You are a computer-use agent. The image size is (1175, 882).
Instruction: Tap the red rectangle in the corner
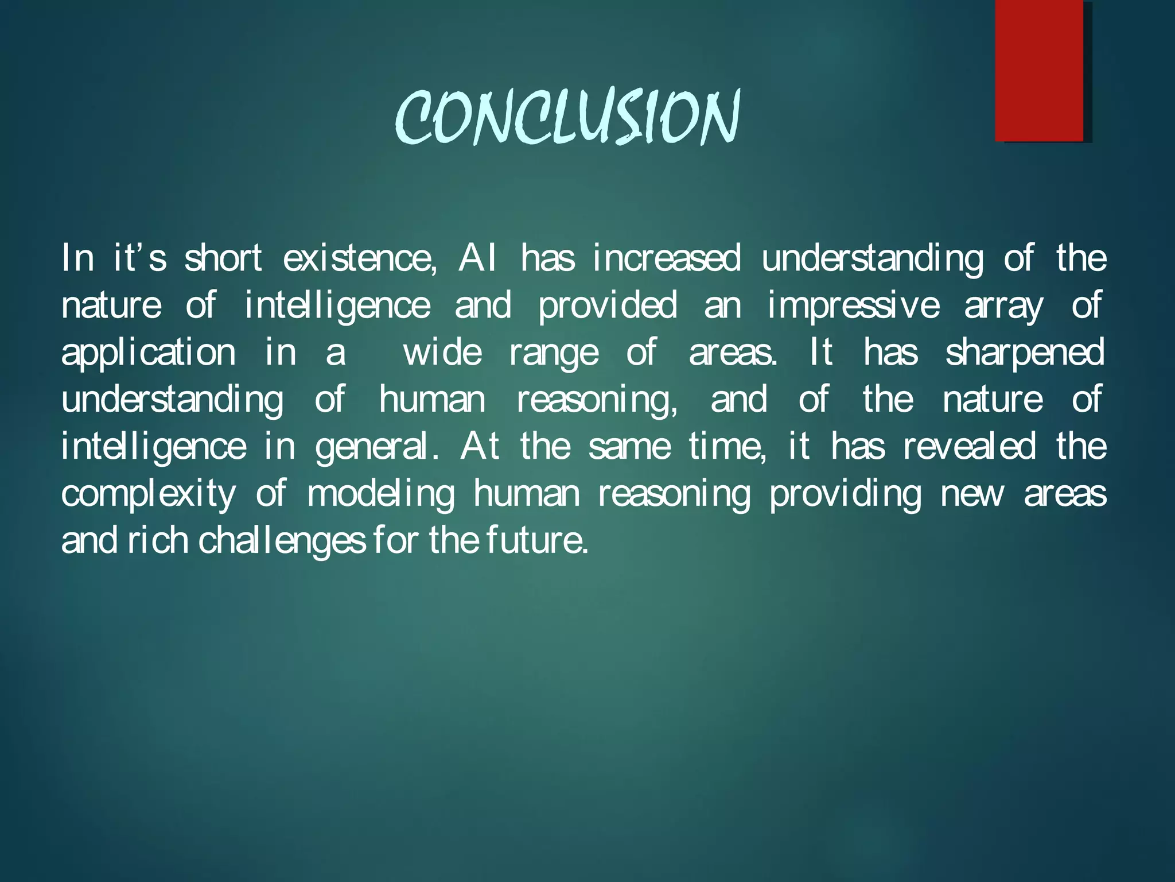1039,70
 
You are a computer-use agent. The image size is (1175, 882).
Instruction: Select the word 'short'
223,258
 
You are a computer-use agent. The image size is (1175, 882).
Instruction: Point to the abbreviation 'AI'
477,258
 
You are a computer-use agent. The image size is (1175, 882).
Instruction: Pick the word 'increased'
666,258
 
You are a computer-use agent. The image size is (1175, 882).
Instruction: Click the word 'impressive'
853,305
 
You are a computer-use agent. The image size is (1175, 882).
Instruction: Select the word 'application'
148,353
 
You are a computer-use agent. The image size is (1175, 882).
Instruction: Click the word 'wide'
442,352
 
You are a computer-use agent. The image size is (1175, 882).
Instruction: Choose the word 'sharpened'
1025,353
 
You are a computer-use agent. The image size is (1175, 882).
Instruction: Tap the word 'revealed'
969,446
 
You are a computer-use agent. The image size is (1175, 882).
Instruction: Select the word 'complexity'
148,494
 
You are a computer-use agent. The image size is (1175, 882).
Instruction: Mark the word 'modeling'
381,494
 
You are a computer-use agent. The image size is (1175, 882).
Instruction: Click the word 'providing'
845,494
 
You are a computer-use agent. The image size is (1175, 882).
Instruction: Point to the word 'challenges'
282,541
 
